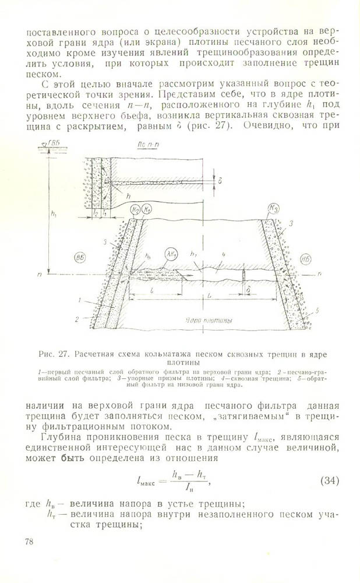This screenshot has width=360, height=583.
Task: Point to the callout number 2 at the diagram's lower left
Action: pos(76,319)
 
